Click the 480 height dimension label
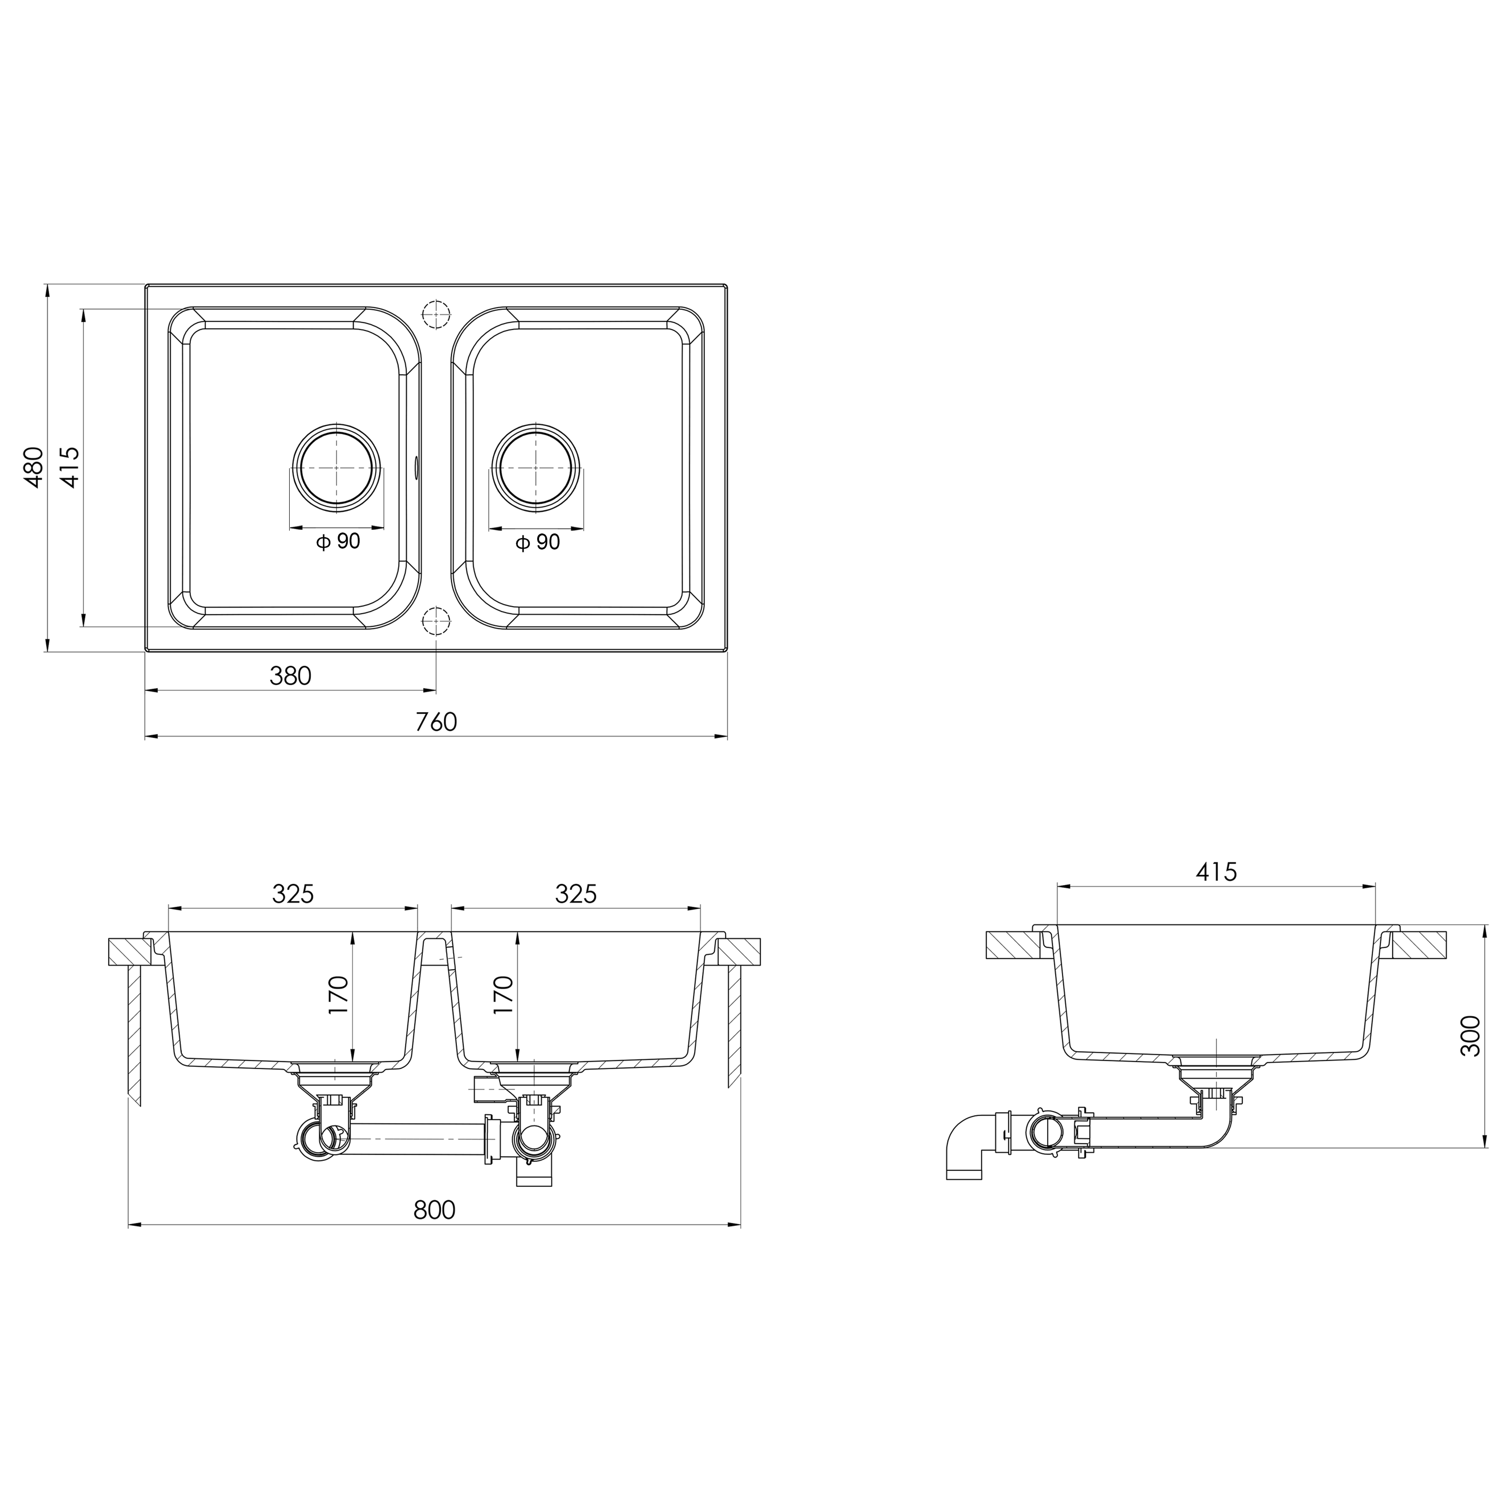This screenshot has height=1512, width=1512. click(33, 467)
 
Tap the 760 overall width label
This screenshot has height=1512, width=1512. click(436, 722)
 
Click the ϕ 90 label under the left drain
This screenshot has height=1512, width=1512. click(338, 541)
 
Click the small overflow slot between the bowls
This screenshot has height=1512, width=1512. click(416, 467)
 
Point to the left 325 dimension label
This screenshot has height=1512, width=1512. click(292, 894)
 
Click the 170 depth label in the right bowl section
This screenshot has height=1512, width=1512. click(503, 995)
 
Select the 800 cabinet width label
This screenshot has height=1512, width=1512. click(434, 1211)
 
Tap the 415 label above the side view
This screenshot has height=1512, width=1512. click(1216, 872)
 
